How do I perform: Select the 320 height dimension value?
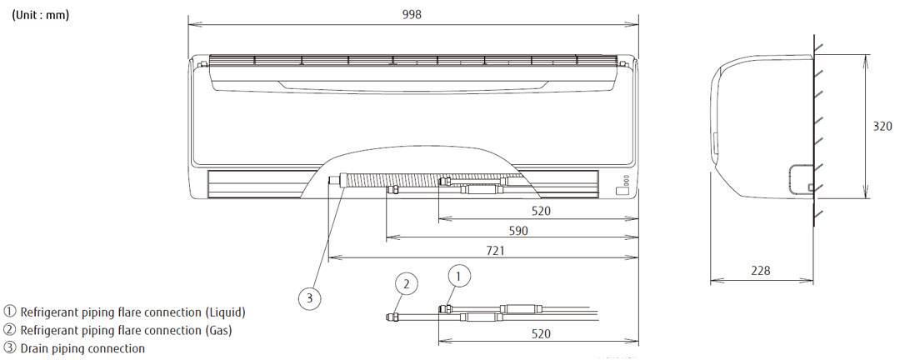tap(882, 127)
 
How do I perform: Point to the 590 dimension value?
tap(518, 231)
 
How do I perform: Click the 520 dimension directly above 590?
tap(541, 211)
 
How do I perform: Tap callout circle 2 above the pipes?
tap(406, 284)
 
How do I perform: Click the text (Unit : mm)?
tap(40, 15)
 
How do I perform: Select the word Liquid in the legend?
tap(224, 312)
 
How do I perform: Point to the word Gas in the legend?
tap(218, 330)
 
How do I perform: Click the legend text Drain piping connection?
tap(82, 348)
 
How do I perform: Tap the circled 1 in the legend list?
tap(10, 312)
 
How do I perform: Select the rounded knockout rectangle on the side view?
tap(801, 177)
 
